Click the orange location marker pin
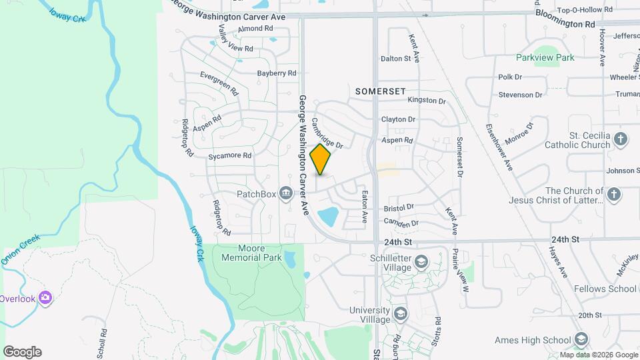(x=321, y=159)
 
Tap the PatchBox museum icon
(x=286, y=194)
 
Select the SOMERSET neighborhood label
(x=381, y=90)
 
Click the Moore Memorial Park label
(x=251, y=253)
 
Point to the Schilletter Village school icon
(x=421, y=261)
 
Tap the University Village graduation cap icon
(x=401, y=313)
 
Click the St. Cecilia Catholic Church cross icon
(x=621, y=140)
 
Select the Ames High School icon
(x=581, y=339)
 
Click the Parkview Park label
(x=545, y=57)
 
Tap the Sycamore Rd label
(x=229, y=156)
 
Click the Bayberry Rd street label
(x=277, y=73)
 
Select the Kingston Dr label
(x=427, y=101)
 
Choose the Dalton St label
(x=395, y=59)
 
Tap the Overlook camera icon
(x=45, y=297)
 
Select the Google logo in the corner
(x=22, y=352)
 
